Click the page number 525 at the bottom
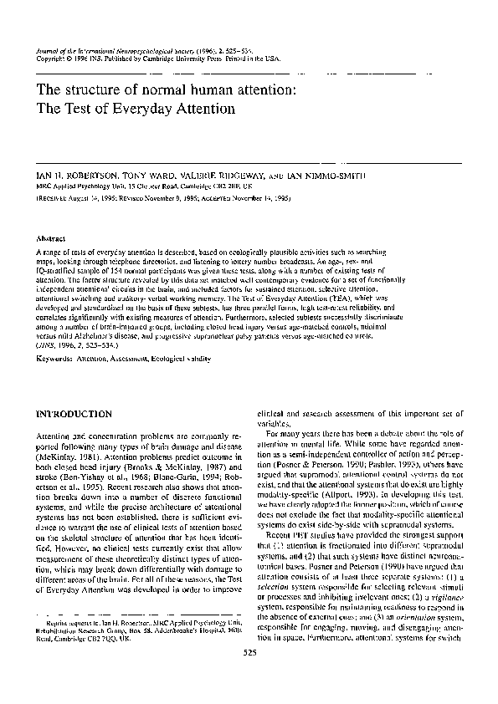[249, 675]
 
